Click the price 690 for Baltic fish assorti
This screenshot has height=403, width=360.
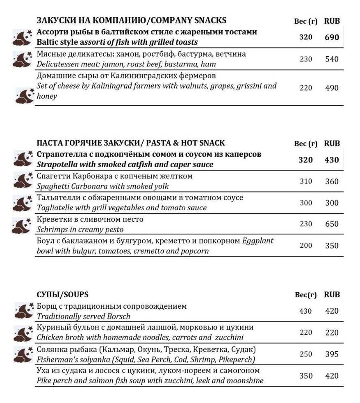pos(332,37)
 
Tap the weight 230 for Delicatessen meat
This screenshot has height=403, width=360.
pos(306,59)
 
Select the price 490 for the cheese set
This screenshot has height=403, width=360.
pos(332,88)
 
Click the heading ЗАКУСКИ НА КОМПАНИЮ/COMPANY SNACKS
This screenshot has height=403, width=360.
pos(132,20)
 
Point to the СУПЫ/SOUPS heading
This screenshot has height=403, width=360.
pos(62,294)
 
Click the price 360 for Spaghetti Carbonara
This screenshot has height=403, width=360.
pos(332,181)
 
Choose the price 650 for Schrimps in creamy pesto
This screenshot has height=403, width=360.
pos(332,224)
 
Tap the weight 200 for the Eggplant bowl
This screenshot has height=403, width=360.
pos(306,246)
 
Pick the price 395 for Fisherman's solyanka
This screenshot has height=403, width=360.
pos(332,354)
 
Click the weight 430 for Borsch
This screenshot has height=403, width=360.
pos(305,311)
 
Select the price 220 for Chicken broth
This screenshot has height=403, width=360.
pos(332,332)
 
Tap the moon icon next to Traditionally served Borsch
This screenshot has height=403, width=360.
pos(24,310)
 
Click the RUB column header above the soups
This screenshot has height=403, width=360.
pos(332,295)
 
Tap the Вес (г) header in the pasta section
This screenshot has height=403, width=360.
pos(306,143)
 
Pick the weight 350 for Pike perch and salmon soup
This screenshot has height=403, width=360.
pos(306,376)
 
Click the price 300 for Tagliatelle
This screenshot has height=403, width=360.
pos(332,203)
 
